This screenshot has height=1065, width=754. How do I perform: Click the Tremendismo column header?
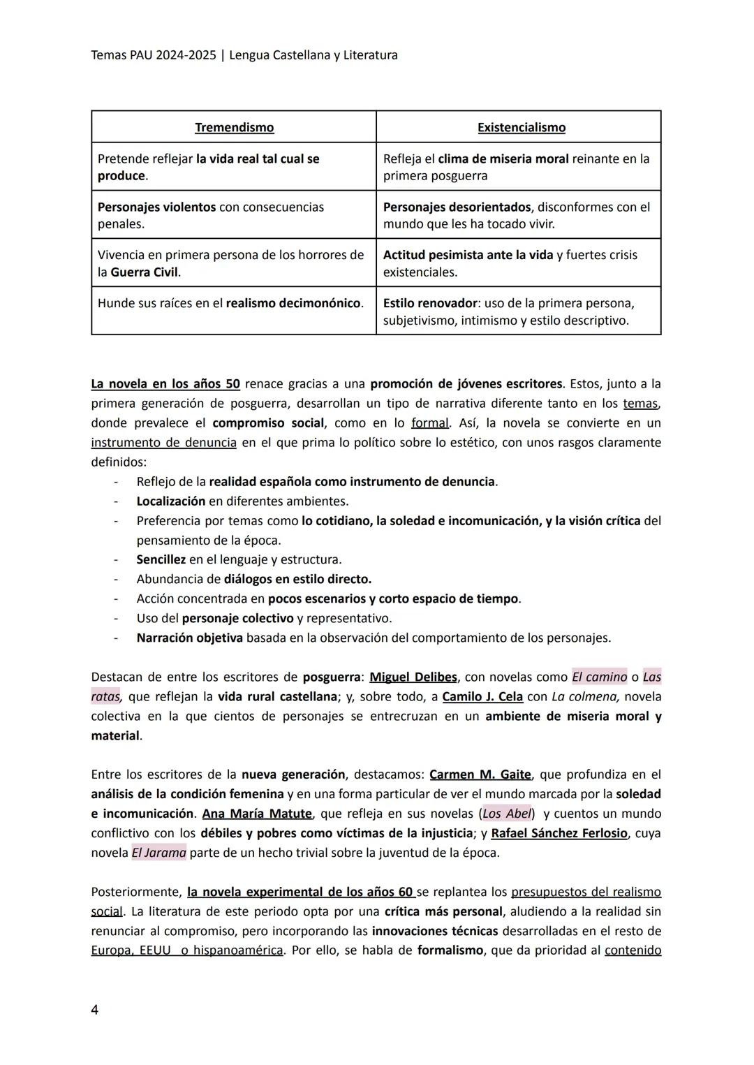click(x=234, y=128)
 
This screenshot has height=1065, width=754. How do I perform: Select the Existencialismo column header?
click(x=521, y=128)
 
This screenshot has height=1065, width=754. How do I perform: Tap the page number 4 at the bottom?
click(x=95, y=1010)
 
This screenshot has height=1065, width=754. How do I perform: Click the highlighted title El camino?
click(x=599, y=677)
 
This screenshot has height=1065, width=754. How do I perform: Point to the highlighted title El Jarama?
click(x=158, y=853)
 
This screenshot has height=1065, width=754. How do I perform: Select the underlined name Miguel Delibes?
click(x=413, y=677)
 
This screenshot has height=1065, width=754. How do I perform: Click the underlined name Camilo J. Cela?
click(x=482, y=696)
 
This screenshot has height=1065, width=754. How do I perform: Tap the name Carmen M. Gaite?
click(x=480, y=774)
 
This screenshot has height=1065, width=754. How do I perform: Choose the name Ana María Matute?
click(x=257, y=814)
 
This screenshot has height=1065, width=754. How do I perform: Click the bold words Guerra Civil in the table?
click(x=145, y=272)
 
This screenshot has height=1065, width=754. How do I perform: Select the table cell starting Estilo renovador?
click(x=518, y=312)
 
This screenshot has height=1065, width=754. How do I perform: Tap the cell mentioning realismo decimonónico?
click(x=233, y=304)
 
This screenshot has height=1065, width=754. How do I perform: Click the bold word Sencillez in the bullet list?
click(x=161, y=559)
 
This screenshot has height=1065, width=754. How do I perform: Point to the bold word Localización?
click(x=170, y=501)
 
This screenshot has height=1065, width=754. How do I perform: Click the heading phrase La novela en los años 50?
click(x=165, y=383)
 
